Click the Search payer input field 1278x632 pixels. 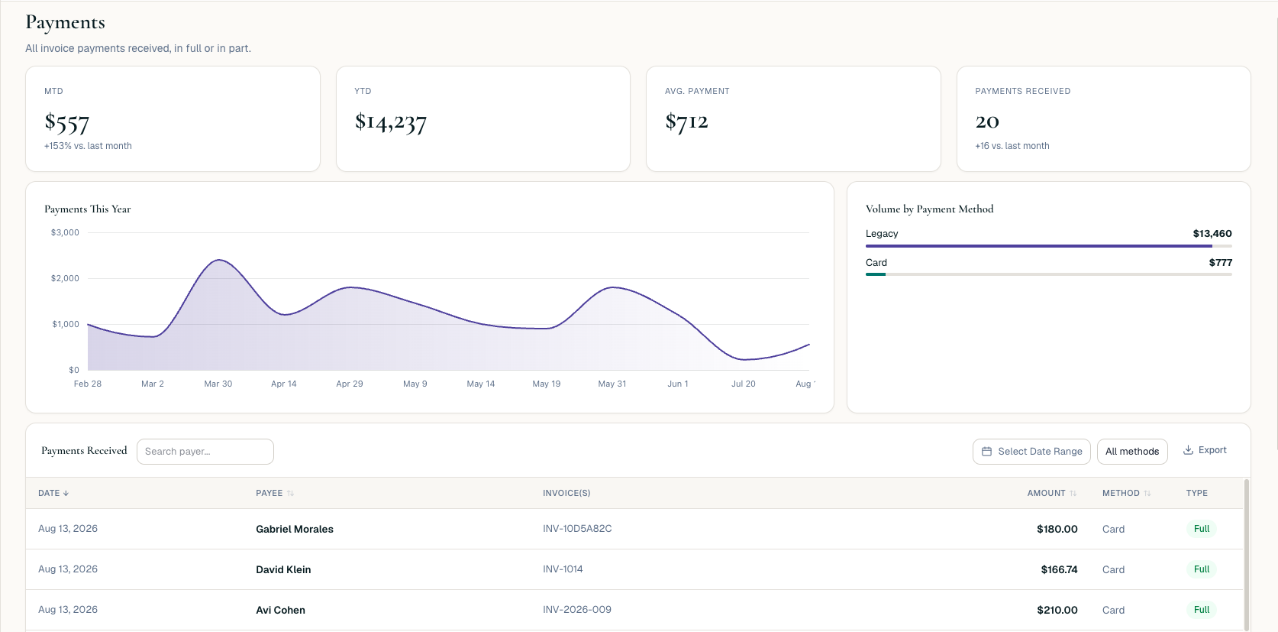point(205,452)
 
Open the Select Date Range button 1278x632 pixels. point(1031,452)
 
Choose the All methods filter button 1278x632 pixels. point(1132,452)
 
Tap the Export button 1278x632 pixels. point(1205,450)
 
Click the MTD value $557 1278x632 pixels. point(66,122)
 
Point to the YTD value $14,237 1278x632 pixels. point(390,122)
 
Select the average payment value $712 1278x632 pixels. point(686,122)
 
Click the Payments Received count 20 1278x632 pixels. point(987,122)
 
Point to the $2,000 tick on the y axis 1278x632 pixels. point(65,278)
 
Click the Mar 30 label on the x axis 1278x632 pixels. point(218,384)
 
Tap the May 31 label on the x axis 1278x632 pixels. point(612,384)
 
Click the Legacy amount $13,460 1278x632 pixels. point(1212,234)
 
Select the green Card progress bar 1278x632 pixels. point(875,274)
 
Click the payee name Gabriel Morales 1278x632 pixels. point(295,530)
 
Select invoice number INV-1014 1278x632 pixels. point(563,569)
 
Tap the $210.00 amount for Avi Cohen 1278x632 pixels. point(1057,611)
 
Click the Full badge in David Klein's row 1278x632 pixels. point(1202,569)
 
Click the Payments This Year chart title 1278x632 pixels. point(87,209)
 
